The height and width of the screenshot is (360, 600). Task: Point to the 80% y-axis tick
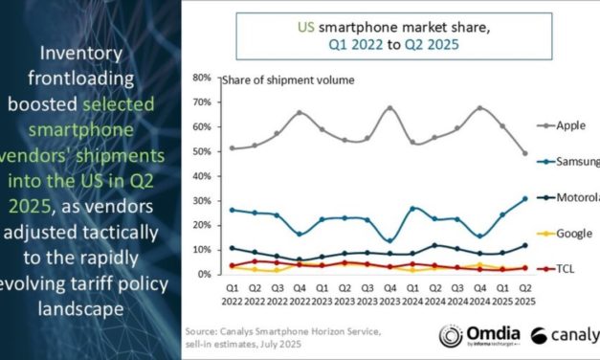pyautogui.click(x=201, y=77)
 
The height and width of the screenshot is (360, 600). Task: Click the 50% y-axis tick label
pyautogui.click(x=201, y=151)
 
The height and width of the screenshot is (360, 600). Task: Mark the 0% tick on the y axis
pyautogui.click(x=204, y=275)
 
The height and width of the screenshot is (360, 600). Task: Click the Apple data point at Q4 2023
pyautogui.click(x=389, y=108)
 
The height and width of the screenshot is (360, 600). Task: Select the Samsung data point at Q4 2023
pyautogui.click(x=389, y=239)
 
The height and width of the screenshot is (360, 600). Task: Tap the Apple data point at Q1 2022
pyautogui.click(x=231, y=147)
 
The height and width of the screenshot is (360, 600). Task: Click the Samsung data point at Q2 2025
pyautogui.click(x=525, y=198)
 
